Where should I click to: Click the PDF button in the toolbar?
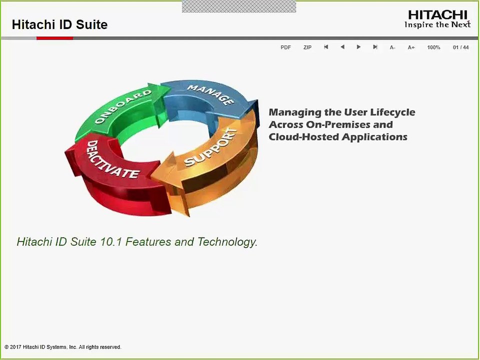tap(285, 47)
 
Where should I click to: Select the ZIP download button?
tap(307, 47)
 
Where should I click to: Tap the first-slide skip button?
tap(326, 47)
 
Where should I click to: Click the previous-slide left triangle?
tap(342, 47)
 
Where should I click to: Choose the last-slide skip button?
tap(375, 47)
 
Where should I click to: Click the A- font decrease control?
tap(392, 47)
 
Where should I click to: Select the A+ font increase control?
tap(411, 47)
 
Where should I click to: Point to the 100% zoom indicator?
tap(433, 47)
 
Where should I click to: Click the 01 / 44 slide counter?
tap(460, 47)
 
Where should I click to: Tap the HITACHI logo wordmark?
tap(438, 15)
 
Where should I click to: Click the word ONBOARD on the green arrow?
tap(123, 106)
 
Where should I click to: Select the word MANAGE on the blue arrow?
tap(211, 94)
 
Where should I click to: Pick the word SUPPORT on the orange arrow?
tap(211, 147)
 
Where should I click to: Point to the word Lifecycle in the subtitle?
tap(393, 112)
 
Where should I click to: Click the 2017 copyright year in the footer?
tap(15, 347)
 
